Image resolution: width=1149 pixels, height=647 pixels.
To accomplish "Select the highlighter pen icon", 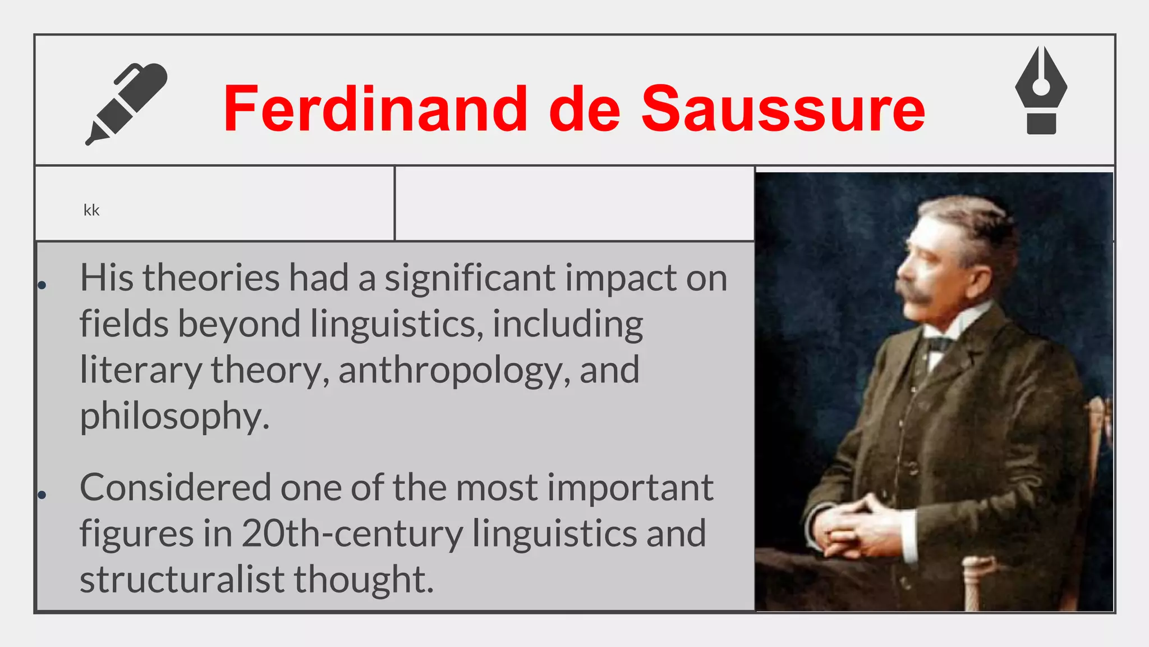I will point(127,104).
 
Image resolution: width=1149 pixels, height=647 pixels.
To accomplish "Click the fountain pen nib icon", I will point(1041,90).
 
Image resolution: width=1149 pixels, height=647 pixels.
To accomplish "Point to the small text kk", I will point(91,210).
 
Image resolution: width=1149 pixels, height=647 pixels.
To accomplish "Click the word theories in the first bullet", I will point(211,277).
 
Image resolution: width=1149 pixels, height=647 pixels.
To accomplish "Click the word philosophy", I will point(174,416).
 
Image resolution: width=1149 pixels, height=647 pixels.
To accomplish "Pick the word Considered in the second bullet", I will point(176,487).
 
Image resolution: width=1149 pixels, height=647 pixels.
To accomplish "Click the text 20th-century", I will point(352,533).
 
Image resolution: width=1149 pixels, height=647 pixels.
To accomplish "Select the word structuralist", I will point(182,579).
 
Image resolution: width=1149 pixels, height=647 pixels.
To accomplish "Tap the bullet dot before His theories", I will point(42,285).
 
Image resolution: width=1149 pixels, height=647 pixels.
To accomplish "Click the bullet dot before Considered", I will point(42,495).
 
